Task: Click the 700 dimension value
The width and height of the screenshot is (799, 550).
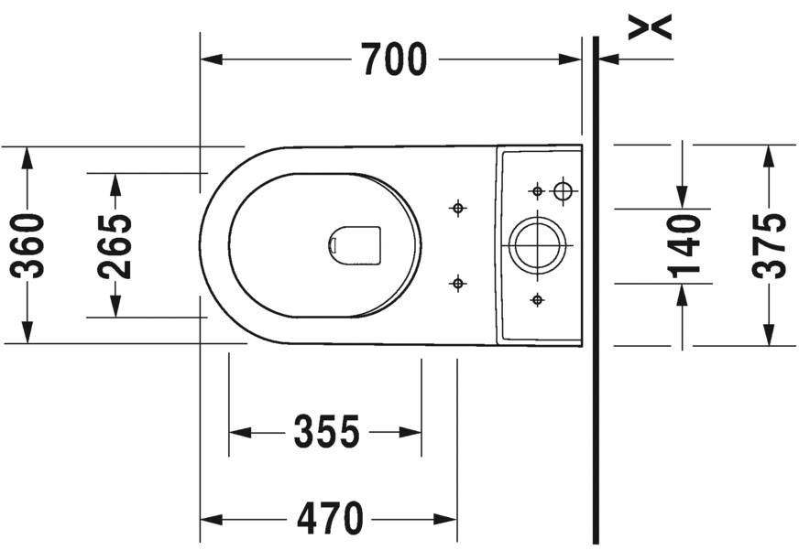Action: (x=394, y=59)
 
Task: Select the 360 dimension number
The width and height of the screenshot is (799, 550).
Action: (x=27, y=246)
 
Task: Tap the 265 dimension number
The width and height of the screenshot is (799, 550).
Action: (x=115, y=247)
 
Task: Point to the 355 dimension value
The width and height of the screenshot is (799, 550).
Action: (x=326, y=432)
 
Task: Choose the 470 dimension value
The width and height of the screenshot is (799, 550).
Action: (x=330, y=519)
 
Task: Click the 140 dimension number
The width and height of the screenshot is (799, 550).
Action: (x=684, y=247)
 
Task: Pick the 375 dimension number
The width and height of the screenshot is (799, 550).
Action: (x=769, y=246)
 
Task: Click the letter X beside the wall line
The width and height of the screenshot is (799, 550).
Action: (x=650, y=27)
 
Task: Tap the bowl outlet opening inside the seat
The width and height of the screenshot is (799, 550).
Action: (x=356, y=245)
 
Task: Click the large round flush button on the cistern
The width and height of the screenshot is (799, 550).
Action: (x=537, y=245)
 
